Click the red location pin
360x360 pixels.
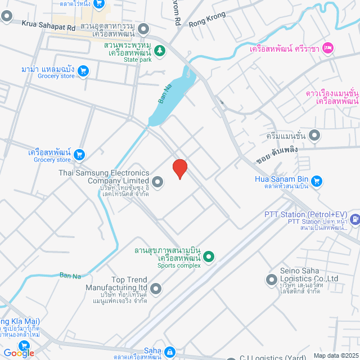[x=179, y=168]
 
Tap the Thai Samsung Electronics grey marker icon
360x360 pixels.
[x=157, y=181]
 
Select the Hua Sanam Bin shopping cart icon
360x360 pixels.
[x=317, y=181]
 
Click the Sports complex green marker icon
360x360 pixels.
[x=209, y=257]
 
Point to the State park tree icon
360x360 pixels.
[x=160, y=51]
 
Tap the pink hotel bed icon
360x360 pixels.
[x=328, y=49]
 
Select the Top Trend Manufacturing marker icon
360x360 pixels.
[x=156, y=289]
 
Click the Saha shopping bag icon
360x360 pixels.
[x=169, y=352]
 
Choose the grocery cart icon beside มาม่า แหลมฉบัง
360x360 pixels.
[x=83, y=70]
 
